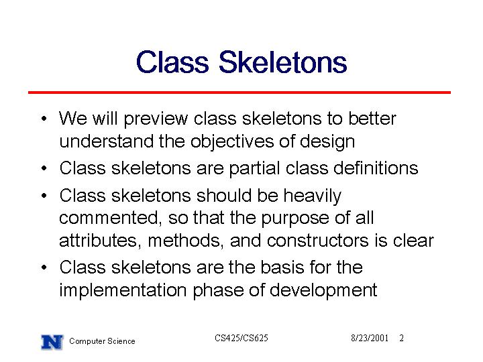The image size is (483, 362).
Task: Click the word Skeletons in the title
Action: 283,62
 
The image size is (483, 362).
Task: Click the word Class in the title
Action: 172,62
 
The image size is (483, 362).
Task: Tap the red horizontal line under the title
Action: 239,93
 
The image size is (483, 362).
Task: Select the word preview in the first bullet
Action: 156,119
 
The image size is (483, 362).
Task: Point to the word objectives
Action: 232,142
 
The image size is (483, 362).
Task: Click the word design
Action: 327,142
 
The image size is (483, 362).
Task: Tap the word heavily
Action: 313,196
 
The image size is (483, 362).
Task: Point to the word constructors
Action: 317,241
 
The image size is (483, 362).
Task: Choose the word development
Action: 323,290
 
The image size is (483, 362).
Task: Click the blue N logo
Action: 52,342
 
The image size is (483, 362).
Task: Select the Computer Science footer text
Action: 102,341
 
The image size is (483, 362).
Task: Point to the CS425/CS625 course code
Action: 241,338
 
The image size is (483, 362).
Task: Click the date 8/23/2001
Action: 370,339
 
